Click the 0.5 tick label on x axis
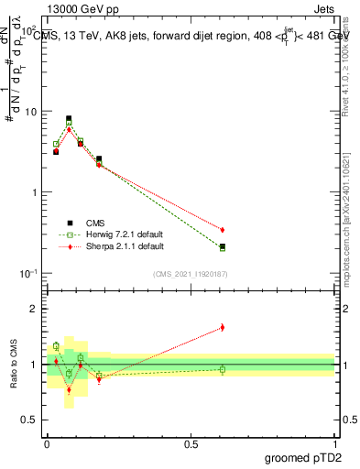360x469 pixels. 191,443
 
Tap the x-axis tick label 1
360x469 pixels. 334,443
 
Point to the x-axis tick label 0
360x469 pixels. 47,443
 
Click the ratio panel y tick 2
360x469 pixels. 33,309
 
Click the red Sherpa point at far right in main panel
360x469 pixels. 223,229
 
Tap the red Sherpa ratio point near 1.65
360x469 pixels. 223,327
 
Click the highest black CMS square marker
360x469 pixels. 69,118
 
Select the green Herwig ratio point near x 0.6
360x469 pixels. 223,370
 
